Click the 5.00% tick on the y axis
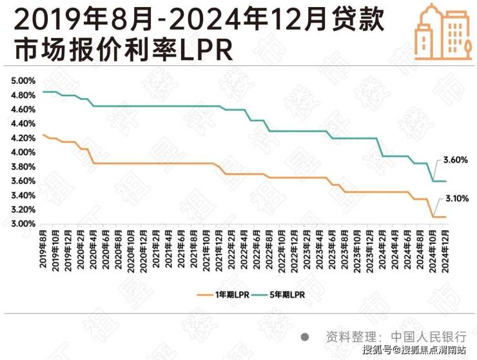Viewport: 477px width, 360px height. pos(23,81)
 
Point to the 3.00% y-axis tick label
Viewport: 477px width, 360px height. pos(23,224)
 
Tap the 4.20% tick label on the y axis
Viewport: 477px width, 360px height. pos(23,138)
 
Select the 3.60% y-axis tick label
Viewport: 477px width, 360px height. pos(23,181)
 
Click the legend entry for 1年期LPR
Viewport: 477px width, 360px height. pos(224,294)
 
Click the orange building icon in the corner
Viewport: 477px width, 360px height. pos(438,32)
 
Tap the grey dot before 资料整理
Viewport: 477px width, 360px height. pos(305,337)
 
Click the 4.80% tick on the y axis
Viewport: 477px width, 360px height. pos(23,95)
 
